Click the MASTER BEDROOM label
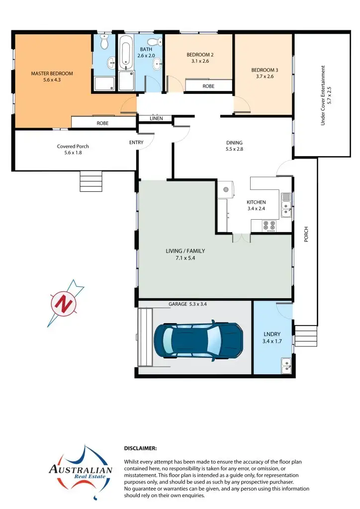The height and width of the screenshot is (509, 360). click(x=52, y=76)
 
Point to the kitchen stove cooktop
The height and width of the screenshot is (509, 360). click(x=270, y=226)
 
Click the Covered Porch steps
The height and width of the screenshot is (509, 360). click(x=91, y=181)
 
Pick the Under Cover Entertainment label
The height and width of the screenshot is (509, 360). click(x=326, y=95)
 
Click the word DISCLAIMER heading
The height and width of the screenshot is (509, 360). click(x=140, y=448)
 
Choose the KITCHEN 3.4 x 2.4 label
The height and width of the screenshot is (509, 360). click(x=256, y=205)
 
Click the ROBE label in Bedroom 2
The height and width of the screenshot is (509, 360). click(x=208, y=86)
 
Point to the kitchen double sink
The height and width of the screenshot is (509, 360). click(x=286, y=205)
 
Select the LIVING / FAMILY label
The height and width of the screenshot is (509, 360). click(x=185, y=254)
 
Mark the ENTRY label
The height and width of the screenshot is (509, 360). click(x=136, y=143)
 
